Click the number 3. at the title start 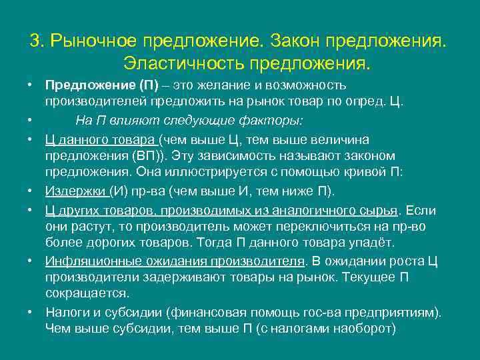[37, 41]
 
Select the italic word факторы [273, 121]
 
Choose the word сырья [379, 210]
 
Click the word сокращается [87, 293]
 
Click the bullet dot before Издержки [31, 191]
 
